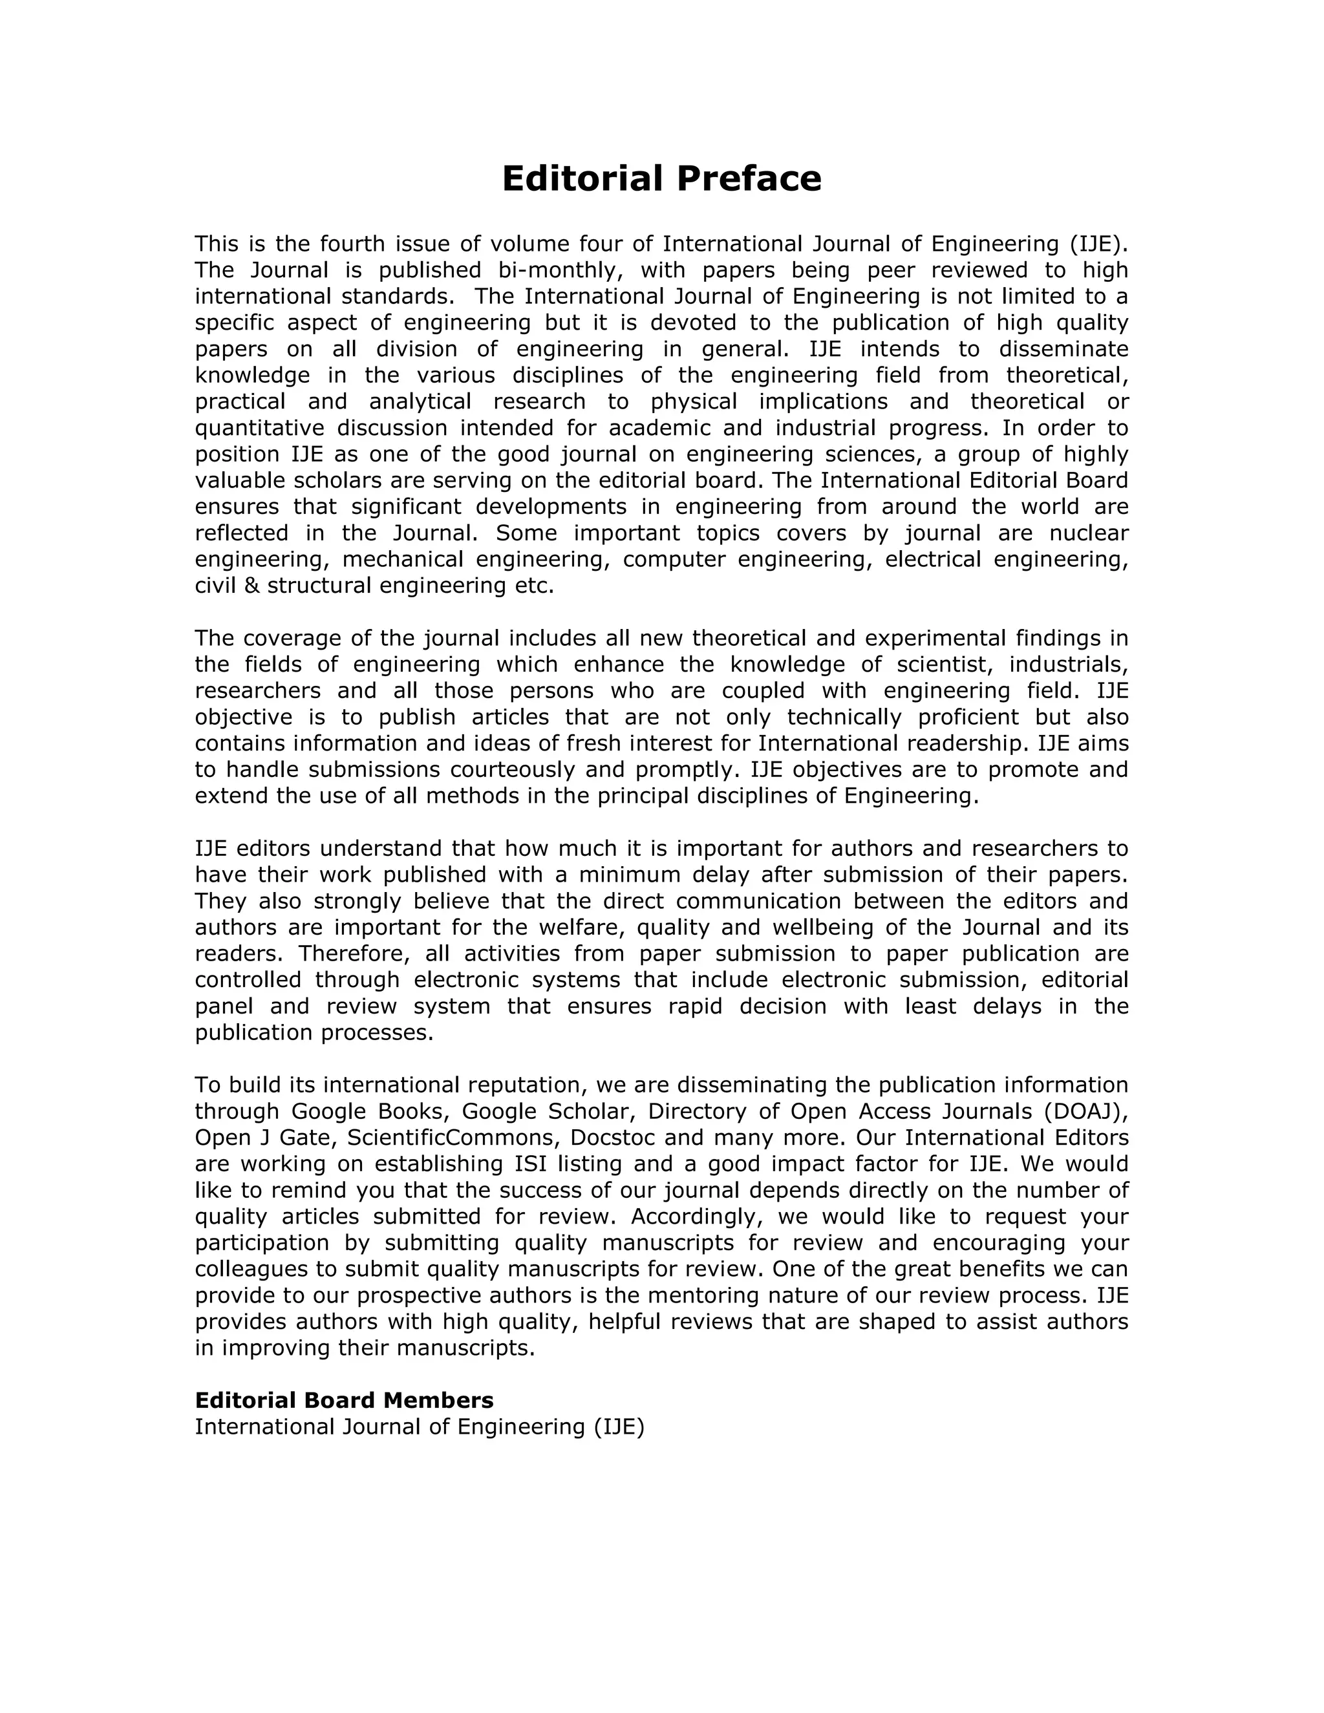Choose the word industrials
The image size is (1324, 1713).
coord(1067,665)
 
